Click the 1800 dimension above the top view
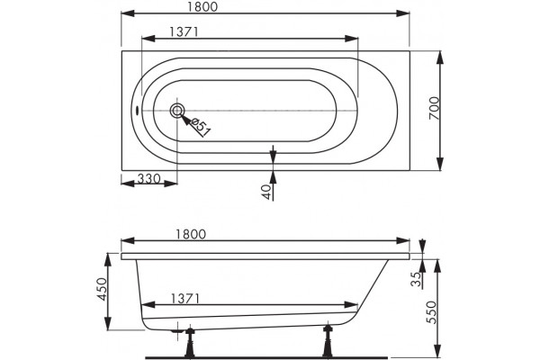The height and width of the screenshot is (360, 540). coord(203,7)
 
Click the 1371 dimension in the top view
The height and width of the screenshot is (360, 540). coord(184,32)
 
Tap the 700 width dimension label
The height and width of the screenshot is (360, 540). coord(435,108)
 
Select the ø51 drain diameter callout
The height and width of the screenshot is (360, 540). coord(200,127)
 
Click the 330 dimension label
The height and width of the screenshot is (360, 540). coord(148,179)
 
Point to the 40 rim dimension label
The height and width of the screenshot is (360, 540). coord(266,192)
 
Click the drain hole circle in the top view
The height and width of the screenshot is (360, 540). coord(177,111)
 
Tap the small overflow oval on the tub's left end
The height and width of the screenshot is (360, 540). coord(137,111)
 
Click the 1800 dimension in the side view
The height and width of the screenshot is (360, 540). coord(191,234)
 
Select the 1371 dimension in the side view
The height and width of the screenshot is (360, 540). coord(184,298)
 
